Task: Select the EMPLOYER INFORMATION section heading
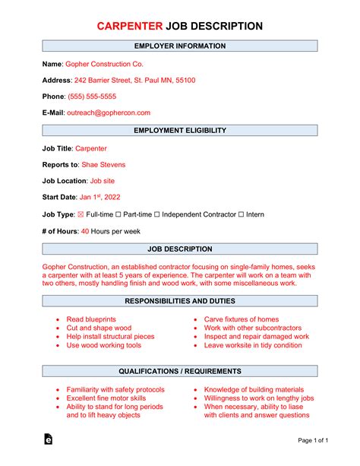(179, 46)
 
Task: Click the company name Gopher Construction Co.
(104, 65)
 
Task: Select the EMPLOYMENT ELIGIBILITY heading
(179, 131)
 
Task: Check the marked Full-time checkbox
(81, 214)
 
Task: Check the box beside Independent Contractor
(158, 214)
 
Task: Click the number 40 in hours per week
(85, 231)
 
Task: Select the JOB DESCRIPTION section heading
(179, 249)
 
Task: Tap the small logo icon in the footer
(49, 439)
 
